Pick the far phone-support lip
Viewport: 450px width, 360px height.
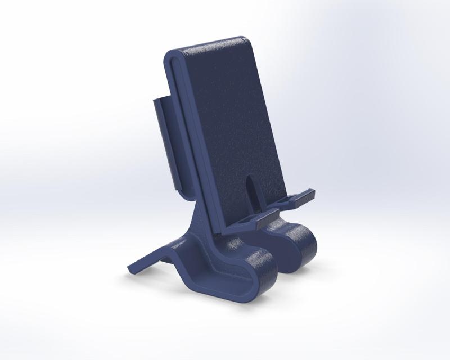click(x=301, y=196)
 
